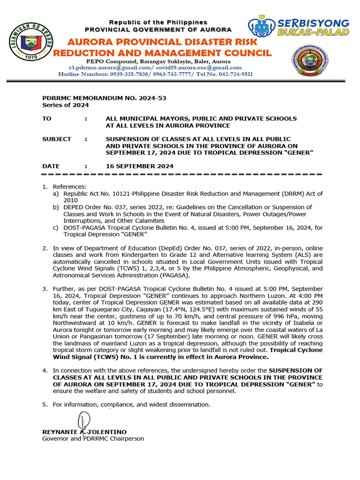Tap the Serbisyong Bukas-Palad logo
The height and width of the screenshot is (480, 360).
coord(299,28)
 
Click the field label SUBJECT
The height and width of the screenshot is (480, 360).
coord(56,139)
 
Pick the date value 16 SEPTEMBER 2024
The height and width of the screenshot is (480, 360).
coord(140,166)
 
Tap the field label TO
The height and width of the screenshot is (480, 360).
coord(46,119)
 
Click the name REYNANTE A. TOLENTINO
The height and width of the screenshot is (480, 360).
coord(84,432)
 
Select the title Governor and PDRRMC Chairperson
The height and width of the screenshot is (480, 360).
coord(93,439)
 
